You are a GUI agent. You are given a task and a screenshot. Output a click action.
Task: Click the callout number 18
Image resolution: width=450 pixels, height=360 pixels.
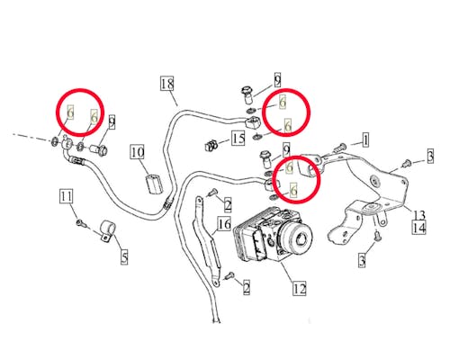click(x=167, y=84)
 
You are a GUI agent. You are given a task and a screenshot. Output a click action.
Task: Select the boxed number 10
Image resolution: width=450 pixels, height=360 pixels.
click(x=138, y=152)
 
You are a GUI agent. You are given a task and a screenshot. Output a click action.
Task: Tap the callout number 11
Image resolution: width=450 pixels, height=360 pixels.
click(x=66, y=197)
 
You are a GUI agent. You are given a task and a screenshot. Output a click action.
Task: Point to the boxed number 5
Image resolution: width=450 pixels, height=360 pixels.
click(x=124, y=257)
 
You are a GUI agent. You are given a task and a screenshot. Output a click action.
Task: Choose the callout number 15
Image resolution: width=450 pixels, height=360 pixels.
click(x=238, y=139)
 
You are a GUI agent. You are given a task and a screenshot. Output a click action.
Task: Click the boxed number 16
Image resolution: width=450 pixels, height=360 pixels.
click(x=224, y=224)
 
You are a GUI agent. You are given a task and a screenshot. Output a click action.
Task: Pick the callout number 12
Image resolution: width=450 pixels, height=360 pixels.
click(x=300, y=288)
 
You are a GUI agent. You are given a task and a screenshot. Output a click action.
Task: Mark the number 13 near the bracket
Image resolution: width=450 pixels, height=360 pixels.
click(x=418, y=215)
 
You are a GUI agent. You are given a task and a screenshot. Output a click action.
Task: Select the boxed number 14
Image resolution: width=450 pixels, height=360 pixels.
click(x=419, y=228)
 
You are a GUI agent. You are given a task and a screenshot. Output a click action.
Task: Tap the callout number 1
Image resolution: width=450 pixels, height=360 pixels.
click(x=365, y=140)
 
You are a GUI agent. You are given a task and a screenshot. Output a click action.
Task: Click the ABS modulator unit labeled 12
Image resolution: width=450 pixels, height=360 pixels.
click(x=273, y=234)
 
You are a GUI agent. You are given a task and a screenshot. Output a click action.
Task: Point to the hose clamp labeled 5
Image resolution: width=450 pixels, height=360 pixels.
click(x=108, y=231)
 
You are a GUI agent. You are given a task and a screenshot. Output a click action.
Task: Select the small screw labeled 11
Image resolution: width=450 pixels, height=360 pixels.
click(x=80, y=222)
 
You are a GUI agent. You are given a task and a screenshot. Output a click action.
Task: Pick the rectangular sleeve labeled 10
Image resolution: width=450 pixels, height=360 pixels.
click(x=154, y=184)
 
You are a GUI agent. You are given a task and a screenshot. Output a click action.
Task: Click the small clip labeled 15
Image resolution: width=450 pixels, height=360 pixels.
click(x=211, y=146)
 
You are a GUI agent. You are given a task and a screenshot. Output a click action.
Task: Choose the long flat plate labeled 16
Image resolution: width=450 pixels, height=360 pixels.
click(x=207, y=241)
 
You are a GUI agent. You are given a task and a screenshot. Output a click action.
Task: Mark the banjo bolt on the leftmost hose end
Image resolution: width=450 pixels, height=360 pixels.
click(x=100, y=149)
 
